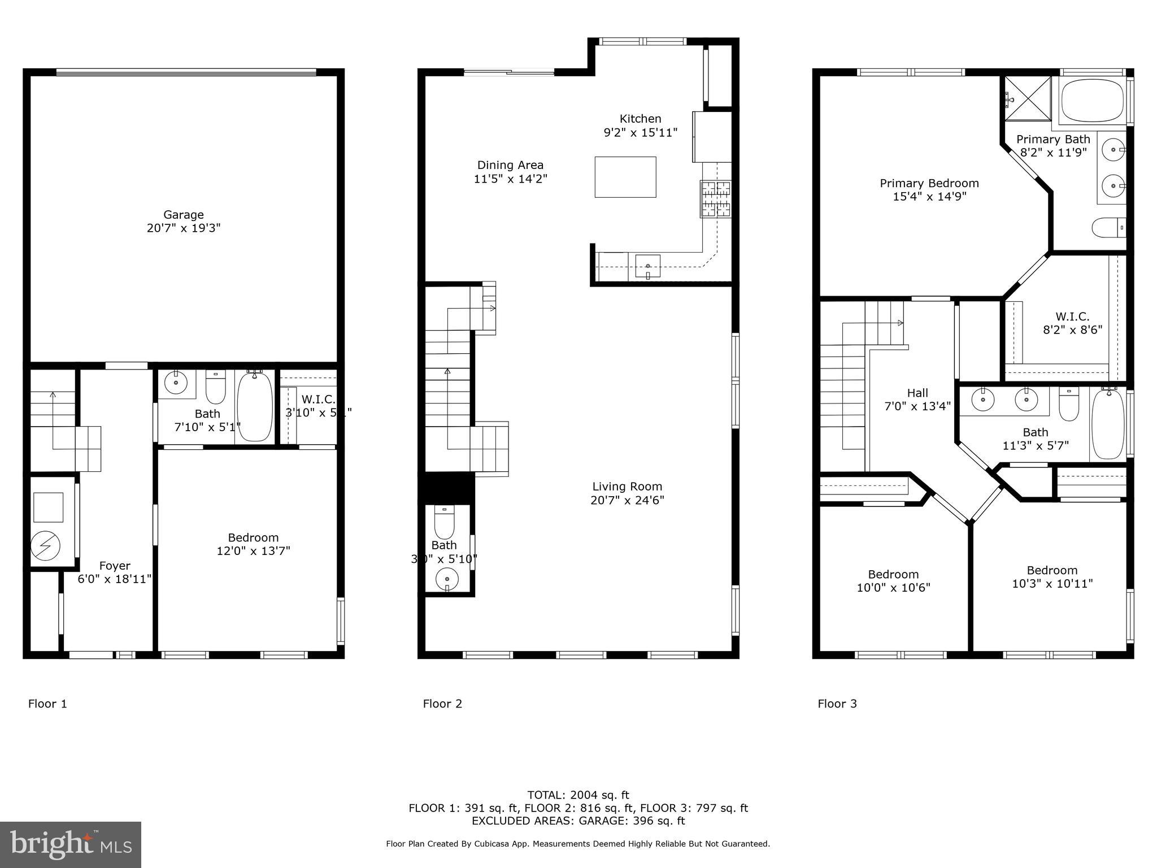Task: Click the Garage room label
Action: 183,215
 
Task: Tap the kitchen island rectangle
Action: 625,177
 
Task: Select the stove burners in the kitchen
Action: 716,199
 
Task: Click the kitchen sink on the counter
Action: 647,266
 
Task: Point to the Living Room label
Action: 627,487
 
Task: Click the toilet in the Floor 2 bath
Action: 444,522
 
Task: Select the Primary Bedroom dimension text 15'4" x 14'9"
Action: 929,197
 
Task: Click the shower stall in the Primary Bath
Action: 1026,99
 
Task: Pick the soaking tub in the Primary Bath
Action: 1093,101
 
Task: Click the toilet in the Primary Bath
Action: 1108,228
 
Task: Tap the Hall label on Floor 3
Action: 917,393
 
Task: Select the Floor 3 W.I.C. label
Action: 1072,316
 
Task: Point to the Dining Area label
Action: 510,165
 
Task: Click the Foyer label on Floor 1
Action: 115,566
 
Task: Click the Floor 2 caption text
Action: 442,704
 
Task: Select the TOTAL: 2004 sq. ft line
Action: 578,795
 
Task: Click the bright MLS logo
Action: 71,844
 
